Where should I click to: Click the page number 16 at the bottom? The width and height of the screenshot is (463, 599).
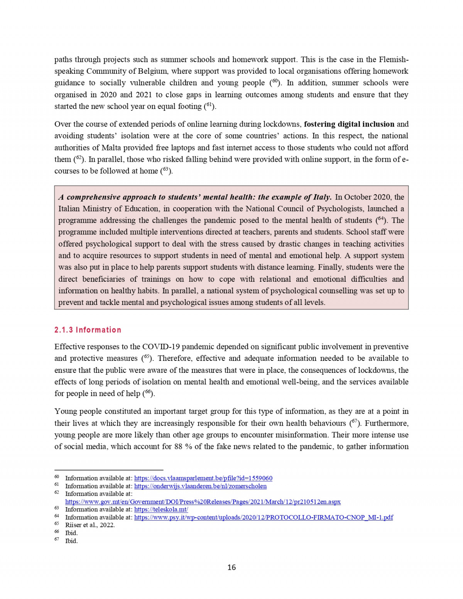click(x=231, y=567)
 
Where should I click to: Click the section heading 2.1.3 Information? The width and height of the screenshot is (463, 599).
click(x=88, y=330)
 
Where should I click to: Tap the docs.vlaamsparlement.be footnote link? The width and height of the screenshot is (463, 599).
click(x=203, y=478)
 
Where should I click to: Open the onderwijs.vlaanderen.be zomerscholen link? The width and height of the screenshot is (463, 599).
click(x=200, y=486)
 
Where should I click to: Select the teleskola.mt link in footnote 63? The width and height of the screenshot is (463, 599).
click(x=161, y=509)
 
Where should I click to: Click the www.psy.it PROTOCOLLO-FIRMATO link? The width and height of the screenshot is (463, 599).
click(x=264, y=517)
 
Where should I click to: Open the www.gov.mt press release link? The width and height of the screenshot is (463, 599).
click(x=203, y=502)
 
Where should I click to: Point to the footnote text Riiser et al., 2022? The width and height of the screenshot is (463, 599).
click(x=90, y=525)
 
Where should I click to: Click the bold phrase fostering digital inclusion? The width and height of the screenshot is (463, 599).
click(x=349, y=124)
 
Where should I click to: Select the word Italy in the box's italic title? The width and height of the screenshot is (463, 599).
click(x=321, y=197)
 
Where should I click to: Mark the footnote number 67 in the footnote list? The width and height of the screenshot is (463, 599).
click(x=57, y=540)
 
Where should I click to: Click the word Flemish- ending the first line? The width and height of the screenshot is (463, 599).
click(x=393, y=60)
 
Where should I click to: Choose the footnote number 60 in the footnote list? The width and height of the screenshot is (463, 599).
click(x=57, y=477)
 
